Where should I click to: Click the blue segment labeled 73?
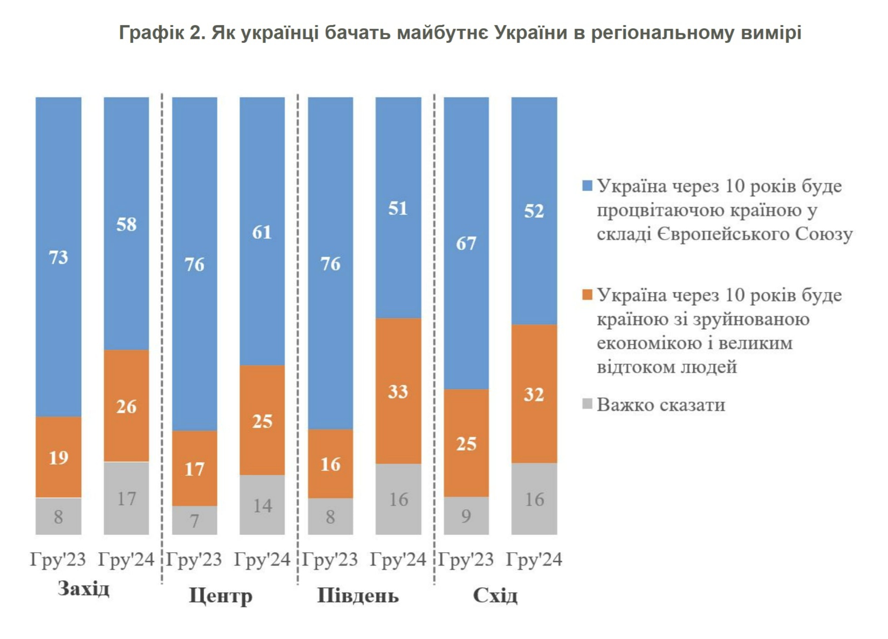pos(58,257)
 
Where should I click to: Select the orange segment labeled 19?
pos(58,457)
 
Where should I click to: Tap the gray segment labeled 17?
pos(126,498)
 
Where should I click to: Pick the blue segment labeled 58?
pos(126,224)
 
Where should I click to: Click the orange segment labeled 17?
pos(194,468)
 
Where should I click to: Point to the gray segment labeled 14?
pos(262,505)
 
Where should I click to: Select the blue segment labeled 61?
pos(262,231)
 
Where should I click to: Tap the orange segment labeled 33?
pos(398,391)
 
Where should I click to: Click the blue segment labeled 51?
pos(398,208)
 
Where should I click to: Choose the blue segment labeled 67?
pos(466,243)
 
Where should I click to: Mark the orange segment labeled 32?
pos(534,394)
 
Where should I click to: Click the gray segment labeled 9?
pos(466,515)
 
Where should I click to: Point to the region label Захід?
pos(83,589)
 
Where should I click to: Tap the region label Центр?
pos(221,596)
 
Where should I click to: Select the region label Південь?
pos(358,596)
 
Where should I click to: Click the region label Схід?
pos(495,596)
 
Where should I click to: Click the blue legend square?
pos(588,186)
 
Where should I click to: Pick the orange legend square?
pos(588,295)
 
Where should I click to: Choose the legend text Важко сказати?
pos(661,405)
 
